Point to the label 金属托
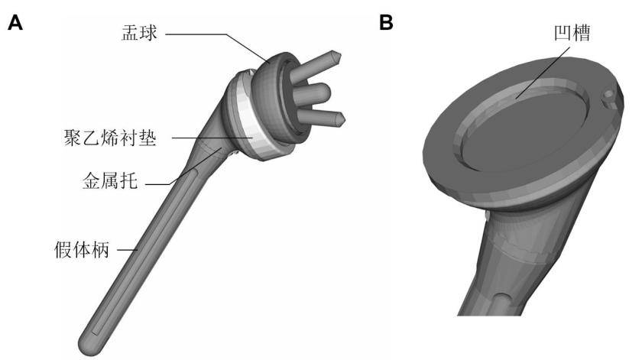tap(109, 183)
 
